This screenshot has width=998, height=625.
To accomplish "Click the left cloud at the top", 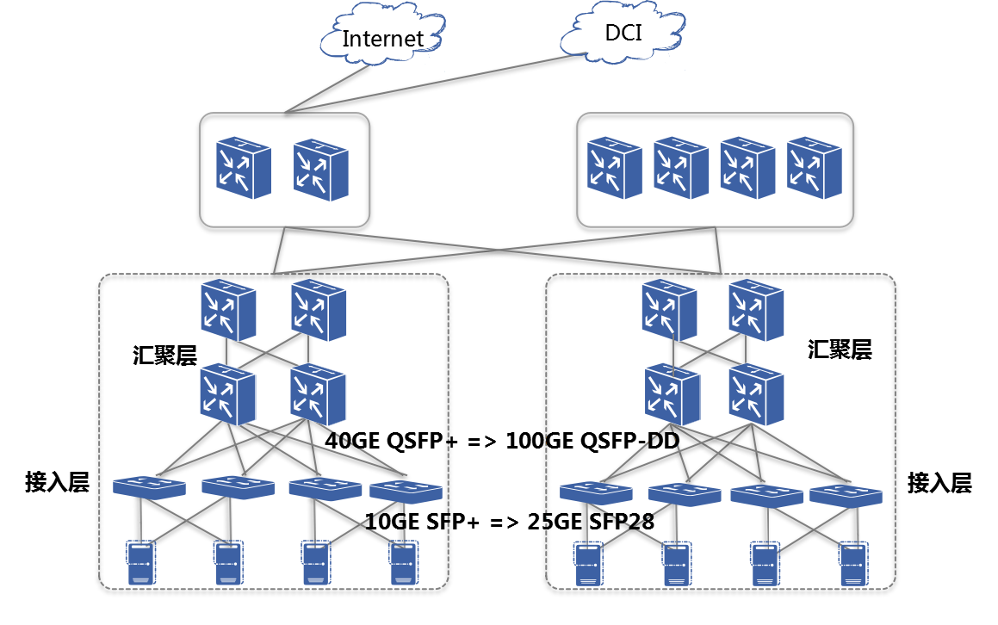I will [382, 34].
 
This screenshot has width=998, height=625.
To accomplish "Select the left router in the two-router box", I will [244, 168].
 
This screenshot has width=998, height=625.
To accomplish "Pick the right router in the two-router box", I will [321, 170].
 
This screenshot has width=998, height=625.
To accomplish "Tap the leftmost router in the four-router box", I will [615, 168].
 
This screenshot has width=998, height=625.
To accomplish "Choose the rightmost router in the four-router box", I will [815, 168].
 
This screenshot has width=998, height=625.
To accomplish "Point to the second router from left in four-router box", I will [681, 168].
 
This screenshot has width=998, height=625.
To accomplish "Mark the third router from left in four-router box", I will [747, 168].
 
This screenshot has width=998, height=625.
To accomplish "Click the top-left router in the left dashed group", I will [228, 310].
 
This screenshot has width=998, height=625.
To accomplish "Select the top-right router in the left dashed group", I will [319, 310].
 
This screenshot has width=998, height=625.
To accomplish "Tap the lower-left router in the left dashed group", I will [228, 394].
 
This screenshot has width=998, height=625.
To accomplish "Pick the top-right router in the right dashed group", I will [756, 310].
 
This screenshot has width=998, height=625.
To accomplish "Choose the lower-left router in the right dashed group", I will [673, 394].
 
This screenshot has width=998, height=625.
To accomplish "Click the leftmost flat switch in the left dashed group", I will [149, 487].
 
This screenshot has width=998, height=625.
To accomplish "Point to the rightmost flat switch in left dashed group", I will [406, 492].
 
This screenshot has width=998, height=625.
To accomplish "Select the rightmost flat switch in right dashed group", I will [846, 495].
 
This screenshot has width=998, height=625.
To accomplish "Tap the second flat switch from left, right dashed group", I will [685, 494].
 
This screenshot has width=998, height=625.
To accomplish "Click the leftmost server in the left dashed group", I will [141, 563].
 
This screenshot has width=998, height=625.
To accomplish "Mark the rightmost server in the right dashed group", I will [853, 564].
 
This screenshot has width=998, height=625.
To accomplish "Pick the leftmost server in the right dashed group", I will [589, 564].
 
